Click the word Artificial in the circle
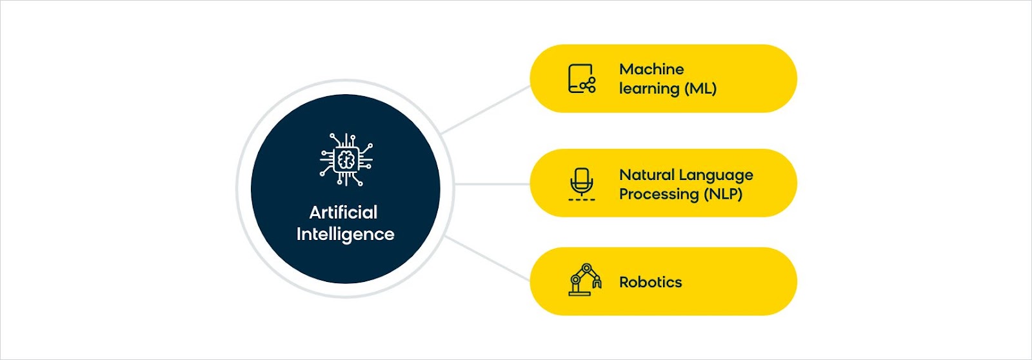[x=343, y=212]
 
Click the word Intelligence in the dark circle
[x=345, y=234]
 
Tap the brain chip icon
[x=346, y=159]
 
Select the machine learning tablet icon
[x=582, y=78]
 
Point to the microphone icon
[x=581, y=184]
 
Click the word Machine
[x=651, y=69]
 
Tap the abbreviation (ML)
[x=700, y=88]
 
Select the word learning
[x=649, y=88]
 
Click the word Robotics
[x=651, y=282]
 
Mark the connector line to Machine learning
[x=486, y=109]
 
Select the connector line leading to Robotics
[x=488, y=258]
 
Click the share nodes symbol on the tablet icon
[x=588, y=85]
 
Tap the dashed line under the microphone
[x=581, y=199]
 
